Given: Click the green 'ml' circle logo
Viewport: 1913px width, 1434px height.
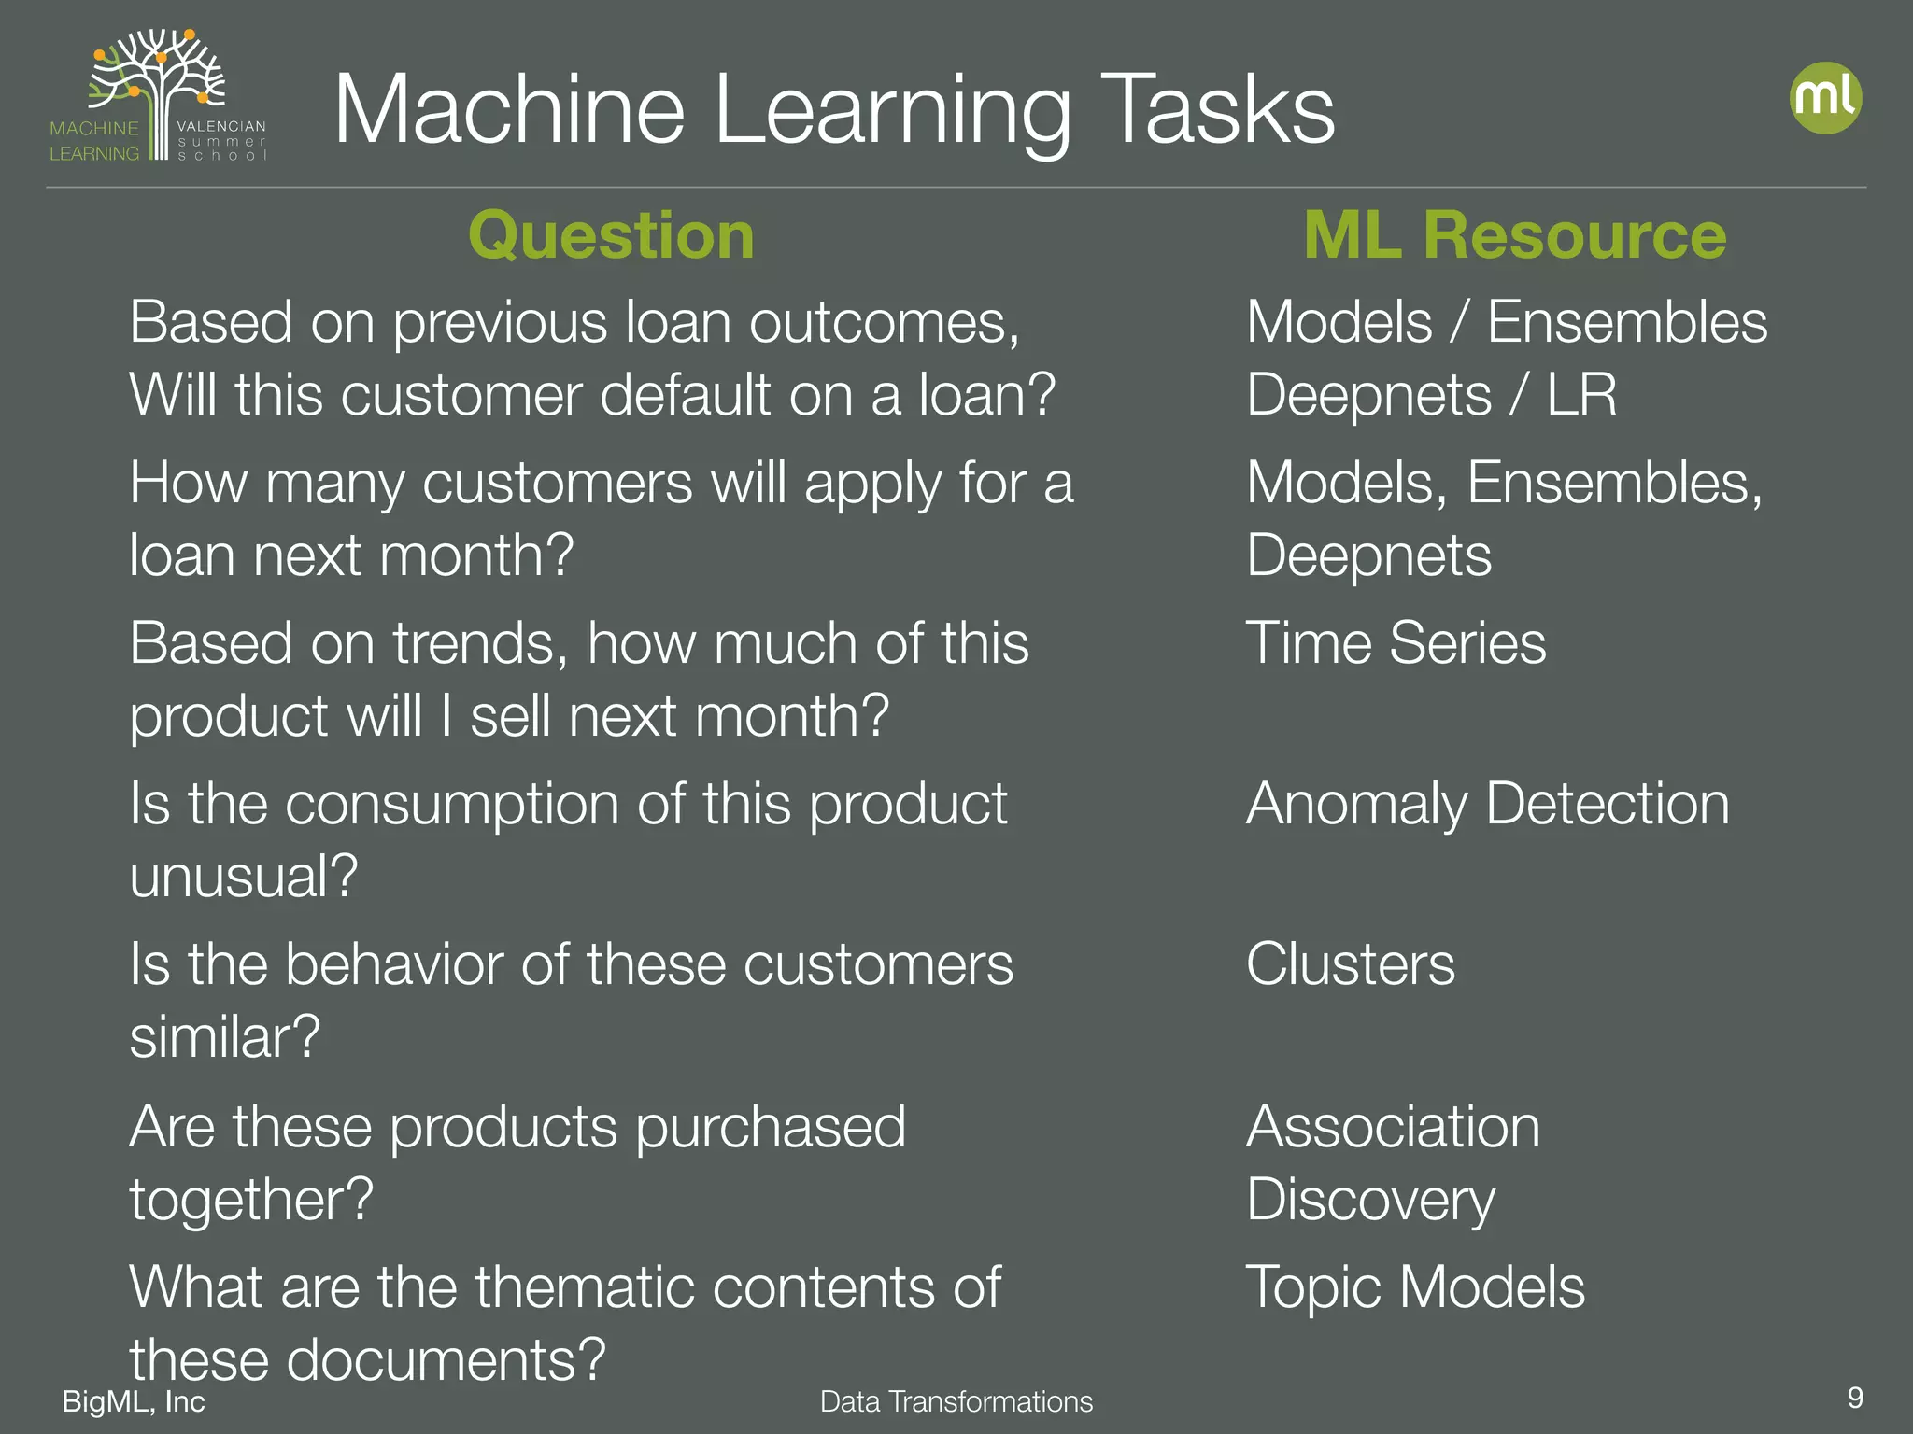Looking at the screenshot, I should pyautogui.click(x=1825, y=98).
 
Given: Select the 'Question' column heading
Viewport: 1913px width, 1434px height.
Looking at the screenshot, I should pyautogui.click(x=611, y=235).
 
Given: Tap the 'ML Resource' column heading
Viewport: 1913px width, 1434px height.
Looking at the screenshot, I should pyautogui.click(x=1514, y=235).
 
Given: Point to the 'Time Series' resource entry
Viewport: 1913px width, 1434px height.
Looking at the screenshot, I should pyautogui.click(x=1396, y=643).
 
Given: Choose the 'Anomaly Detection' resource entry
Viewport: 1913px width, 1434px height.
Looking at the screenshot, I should pyautogui.click(x=1487, y=804).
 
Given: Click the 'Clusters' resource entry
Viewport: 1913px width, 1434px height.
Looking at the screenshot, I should pyautogui.click(x=1350, y=964).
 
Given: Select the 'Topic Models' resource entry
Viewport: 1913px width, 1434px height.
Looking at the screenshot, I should pyautogui.click(x=1415, y=1287).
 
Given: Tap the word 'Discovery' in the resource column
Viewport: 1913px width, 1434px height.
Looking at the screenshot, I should pyautogui.click(x=1370, y=1200).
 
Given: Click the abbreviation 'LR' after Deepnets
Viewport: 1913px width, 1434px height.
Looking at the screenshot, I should pyautogui.click(x=1581, y=395).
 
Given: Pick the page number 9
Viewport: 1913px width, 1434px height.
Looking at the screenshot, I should pyautogui.click(x=1855, y=1398).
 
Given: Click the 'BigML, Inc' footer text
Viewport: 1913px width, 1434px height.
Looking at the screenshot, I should pyautogui.click(x=134, y=1401).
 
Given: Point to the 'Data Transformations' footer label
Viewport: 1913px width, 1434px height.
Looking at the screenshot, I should pyautogui.click(x=956, y=1401).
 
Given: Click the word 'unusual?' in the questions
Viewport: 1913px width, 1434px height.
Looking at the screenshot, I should pyautogui.click(x=244, y=877).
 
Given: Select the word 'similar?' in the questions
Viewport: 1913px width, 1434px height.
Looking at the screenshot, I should pyautogui.click(x=225, y=1037).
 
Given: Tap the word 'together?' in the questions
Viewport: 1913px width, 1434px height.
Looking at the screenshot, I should pyautogui.click(x=251, y=1200).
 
